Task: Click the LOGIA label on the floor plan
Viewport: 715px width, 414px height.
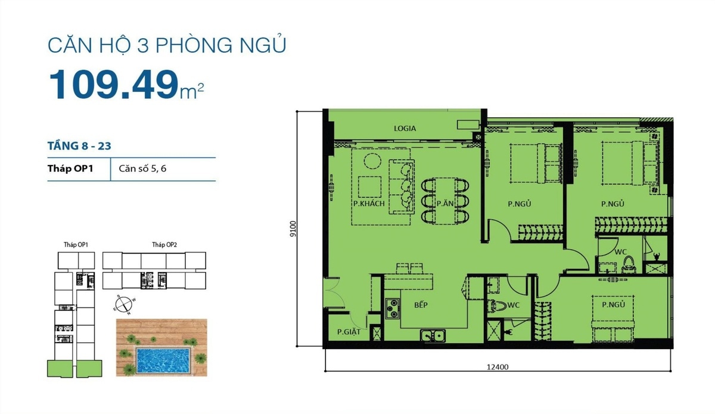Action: coord(405,128)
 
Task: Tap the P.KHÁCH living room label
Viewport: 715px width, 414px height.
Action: coord(369,204)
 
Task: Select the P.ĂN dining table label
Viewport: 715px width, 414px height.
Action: coord(445,203)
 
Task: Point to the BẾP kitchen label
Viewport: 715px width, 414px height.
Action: coord(421,305)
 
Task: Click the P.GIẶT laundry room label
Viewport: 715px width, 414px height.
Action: coord(349,332)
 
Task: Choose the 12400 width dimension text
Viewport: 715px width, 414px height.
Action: coord(498,367)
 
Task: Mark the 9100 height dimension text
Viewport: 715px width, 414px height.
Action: coord(293,229)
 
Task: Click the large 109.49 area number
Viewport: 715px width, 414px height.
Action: coord(114,85)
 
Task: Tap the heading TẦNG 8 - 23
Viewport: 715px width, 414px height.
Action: coord(79,146)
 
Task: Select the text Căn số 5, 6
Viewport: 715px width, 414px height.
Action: coord(142,169)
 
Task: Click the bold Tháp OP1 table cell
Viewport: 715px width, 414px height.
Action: coord(70,169)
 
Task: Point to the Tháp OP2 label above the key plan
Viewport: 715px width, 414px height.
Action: coord(164,244)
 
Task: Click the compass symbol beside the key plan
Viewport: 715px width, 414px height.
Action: coord(123,304)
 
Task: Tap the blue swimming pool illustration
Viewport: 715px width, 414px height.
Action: coord(163,360)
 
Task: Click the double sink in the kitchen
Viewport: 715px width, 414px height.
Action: coord(433,336)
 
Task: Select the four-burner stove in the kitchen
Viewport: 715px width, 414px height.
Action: coord(392,309)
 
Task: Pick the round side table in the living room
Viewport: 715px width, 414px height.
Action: coord(372,161)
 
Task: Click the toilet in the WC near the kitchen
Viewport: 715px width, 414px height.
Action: coord(497,306)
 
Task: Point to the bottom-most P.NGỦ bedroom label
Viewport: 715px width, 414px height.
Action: coord(613,304)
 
